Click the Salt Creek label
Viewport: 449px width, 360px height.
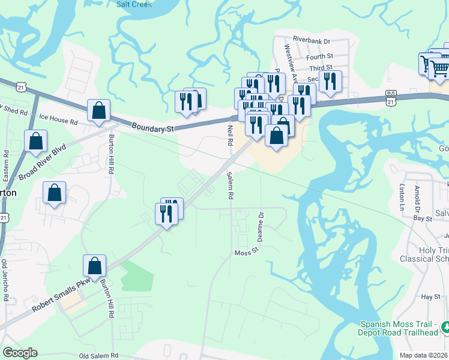point(134,4)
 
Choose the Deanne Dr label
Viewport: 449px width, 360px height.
point(261,224)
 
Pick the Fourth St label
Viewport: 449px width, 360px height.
point(319,57)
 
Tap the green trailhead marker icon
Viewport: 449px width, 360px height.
point(445,327)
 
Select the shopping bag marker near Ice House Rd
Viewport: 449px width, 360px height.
point(98,111)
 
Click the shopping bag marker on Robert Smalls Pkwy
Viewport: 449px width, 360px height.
point(95,266)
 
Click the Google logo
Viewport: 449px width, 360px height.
point(20,353)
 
